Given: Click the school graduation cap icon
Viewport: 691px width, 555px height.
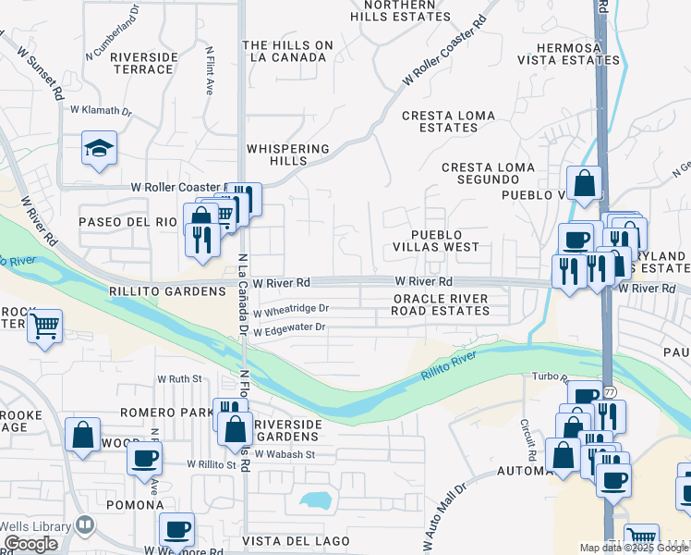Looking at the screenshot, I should point(99,148).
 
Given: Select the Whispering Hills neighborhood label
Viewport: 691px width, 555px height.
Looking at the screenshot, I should point(287,154).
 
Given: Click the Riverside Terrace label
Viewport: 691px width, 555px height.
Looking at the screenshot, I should point(143,63).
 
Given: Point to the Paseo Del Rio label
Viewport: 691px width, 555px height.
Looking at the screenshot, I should point(127,222).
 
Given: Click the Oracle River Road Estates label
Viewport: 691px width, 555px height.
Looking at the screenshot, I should point(441,304).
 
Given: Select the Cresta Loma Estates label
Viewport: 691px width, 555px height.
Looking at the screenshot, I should point(439,121).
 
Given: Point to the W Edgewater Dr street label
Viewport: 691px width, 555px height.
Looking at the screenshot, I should point(290,328).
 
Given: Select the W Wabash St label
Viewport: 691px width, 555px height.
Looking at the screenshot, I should point(285,454).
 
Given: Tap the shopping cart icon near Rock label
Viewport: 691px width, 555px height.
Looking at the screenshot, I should point(43,326).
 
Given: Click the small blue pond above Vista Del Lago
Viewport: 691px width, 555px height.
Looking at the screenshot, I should point(316,500).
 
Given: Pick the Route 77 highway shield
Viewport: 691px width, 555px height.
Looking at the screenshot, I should point(609,391).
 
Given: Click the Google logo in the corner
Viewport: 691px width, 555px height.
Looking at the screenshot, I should point(30,544).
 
